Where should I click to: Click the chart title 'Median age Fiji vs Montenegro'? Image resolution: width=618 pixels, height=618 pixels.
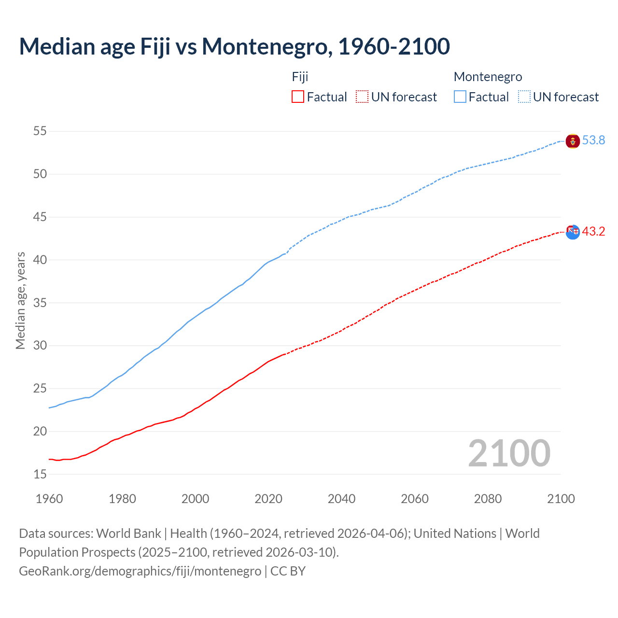point(234,46)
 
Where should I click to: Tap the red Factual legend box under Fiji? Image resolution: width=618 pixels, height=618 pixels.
point(298,97)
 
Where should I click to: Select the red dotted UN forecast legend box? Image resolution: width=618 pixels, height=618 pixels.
point(362,97)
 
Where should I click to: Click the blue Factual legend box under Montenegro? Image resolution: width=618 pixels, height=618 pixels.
point(460,97)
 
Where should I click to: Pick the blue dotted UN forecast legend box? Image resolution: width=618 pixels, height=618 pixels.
point(524,97)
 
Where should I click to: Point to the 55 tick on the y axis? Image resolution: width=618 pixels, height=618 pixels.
point(40,131)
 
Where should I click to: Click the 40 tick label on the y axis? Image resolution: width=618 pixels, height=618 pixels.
point(40,260)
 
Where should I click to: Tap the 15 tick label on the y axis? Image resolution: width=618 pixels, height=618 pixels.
point(40,475)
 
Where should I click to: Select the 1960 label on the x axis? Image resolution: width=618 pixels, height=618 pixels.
point(49,499)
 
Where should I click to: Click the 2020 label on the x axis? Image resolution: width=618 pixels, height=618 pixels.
point(268,499)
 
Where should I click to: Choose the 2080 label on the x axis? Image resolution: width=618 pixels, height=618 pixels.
point(488,499)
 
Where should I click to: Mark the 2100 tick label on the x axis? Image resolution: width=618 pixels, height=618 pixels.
point(561,499)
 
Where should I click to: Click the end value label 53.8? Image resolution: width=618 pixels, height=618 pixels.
point(593,140)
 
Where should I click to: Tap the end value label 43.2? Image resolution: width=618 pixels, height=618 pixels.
point(593,232)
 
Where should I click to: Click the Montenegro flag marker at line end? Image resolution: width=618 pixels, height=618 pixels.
point(573,141)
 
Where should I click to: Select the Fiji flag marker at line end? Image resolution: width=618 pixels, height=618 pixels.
point(573,232)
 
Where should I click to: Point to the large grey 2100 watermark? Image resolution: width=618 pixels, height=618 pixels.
point(509,453)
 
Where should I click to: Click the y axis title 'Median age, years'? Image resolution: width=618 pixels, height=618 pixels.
point(20,300)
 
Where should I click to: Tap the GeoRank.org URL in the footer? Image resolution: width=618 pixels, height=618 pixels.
point(140,571)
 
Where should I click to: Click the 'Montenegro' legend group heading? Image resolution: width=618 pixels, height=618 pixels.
point(488,77)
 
